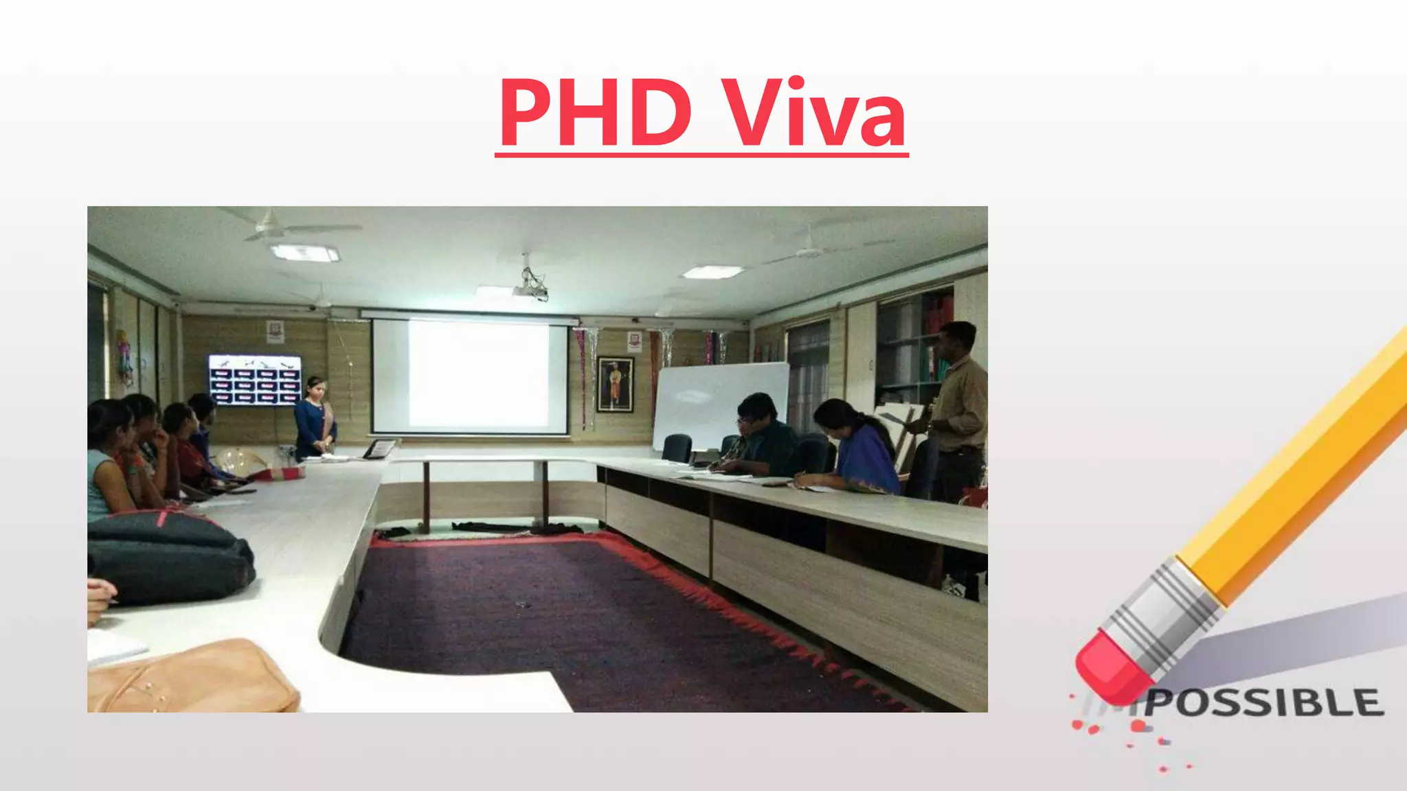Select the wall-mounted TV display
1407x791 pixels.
click(x=254, y=380)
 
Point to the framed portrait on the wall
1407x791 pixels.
click(x=614, y=385)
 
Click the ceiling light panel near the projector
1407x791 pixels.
click(x=712, y=272)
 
